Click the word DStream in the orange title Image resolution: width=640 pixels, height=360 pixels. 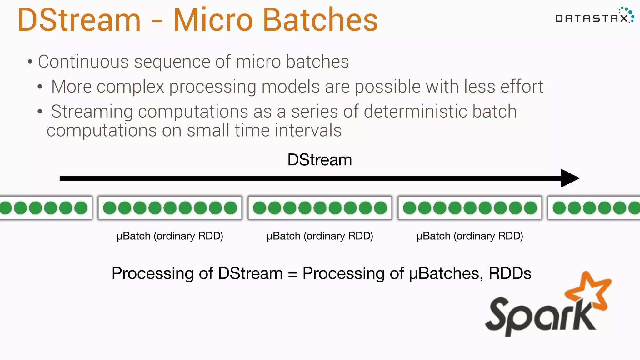click(x=79, y=20)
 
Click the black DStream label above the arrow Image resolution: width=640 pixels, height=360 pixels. click(x=319, y=160)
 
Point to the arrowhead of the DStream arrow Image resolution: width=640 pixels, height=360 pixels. click(x=570, y=178)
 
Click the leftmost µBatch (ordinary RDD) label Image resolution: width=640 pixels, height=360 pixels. click(x=170, y=236)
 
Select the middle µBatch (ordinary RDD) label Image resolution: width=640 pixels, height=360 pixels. click(x=320, y=236)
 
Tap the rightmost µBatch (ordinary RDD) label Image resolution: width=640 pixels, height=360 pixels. click(x=470, y=236)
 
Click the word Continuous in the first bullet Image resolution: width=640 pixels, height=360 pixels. click(x=83, y=62)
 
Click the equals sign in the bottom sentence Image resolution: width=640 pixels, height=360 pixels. click(x=292, y=274)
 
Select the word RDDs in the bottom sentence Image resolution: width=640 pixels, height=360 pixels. click(x=510, y=273)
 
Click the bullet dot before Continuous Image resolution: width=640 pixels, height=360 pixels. click(x=30, y=62)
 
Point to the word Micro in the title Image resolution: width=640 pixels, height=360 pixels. click(x=213, y=20)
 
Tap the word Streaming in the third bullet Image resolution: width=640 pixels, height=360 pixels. click(x=92, y=112)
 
